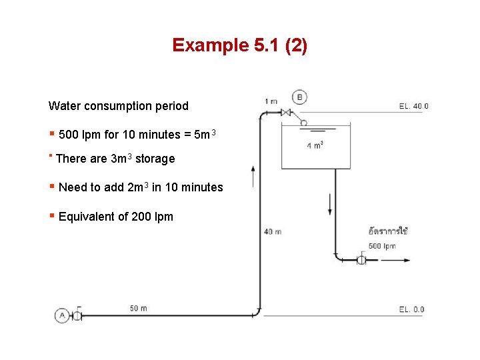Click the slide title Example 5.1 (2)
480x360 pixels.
(x=239, y=45)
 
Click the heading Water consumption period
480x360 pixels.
(x=118, y=106)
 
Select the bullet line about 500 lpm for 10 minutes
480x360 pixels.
(x=137, y=135)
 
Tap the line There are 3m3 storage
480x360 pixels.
(x=115, y=159)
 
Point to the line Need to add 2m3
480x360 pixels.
(x=140, y=187)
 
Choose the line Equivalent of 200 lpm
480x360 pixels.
(x=115, y=217)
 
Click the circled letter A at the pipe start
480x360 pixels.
(x=62, y=315)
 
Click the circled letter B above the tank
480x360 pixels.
(x=299, y=97)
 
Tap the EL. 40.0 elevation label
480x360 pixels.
(x=413, y=106)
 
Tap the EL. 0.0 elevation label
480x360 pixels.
(x=411, y=309)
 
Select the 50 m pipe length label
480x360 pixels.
(x=139, y=308)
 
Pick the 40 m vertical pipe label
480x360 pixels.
(x=273, y=232)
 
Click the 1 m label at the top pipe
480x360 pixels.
(x=271, y=101)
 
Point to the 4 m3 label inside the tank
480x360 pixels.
(x=315, y=145)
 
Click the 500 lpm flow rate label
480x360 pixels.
(x=382, y=246)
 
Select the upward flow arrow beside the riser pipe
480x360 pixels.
(x=253, y=177)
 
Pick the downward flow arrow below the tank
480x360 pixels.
(x=330, y=203)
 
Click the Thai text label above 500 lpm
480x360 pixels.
(x=388, y=231)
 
